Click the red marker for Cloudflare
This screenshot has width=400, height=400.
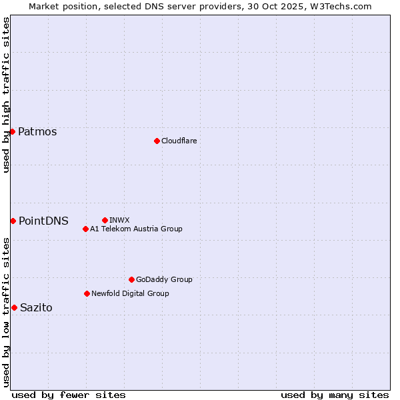(157, 141)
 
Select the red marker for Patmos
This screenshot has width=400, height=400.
(12, 131)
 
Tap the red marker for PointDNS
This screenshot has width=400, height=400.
(13, 221)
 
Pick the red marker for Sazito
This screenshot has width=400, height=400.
(14, 307)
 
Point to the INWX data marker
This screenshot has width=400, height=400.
(105, 220)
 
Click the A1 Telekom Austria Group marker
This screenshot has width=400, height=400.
(85, 229)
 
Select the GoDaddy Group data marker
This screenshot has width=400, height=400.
(131, 279)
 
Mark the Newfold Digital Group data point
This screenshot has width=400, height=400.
(87, 293)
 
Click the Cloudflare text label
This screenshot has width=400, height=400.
(179, 141)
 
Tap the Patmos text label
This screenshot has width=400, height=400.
(37, 131)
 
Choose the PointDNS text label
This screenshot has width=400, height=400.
(43, 221)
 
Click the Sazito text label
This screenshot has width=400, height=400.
(36, 307)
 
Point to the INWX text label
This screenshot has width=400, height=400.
(119, 220)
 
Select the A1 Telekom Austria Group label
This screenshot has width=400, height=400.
(136, 229)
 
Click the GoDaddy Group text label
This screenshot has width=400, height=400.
(164, 279)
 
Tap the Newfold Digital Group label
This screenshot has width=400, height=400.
(130, 293)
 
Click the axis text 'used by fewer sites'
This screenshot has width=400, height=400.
(69, 395)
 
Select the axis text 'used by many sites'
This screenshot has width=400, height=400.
(335, 395)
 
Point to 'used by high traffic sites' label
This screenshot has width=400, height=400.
(6, 95)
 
